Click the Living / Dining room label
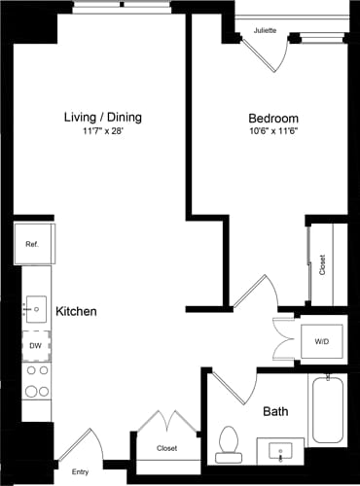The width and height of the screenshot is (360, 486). point(102,118)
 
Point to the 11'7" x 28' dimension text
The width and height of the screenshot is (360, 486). point(102,132)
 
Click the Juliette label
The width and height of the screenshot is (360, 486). point(265,31)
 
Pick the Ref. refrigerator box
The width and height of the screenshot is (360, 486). point(32,244)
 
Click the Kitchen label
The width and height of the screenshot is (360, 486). point(76,311)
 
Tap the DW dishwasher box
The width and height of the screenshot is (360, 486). point(36,345)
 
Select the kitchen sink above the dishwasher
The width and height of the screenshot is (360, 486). point(36,309)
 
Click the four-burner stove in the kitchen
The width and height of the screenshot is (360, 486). point(36,381)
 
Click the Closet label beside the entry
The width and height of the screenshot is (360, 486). point(167,449)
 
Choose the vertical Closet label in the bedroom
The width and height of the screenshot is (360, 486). point(322,264)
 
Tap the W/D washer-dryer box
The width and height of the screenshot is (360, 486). point(321,341)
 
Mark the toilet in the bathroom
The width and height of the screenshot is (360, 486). point(231,441)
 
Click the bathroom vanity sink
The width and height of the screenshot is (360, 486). point(281,451)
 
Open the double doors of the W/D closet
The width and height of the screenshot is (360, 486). point(284,341)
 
